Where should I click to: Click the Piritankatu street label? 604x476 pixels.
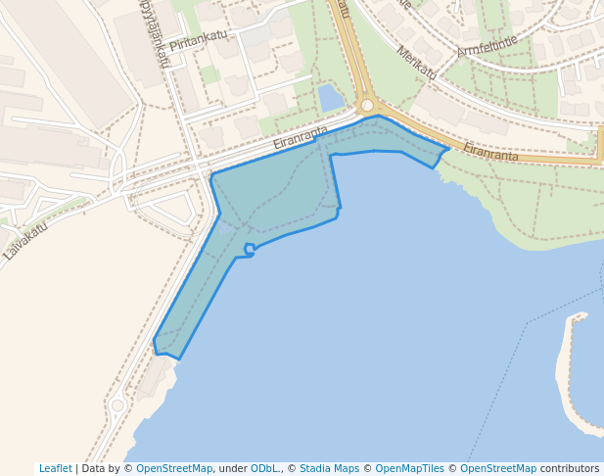198,41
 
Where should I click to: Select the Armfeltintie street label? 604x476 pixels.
487,46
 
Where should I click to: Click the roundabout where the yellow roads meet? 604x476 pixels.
367,105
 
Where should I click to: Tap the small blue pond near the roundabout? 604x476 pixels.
331,97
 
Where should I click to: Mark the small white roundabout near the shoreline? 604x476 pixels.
117,405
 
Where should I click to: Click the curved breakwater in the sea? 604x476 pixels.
567,372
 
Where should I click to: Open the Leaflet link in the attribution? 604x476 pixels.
55,469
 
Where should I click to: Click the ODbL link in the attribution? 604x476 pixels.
265,469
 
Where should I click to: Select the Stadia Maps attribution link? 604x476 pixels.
329,469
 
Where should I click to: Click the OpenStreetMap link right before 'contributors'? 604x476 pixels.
498,469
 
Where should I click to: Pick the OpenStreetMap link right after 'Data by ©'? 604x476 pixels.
174,469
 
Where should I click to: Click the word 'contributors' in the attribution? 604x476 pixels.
570,469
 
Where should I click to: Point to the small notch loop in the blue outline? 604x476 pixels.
250,249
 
